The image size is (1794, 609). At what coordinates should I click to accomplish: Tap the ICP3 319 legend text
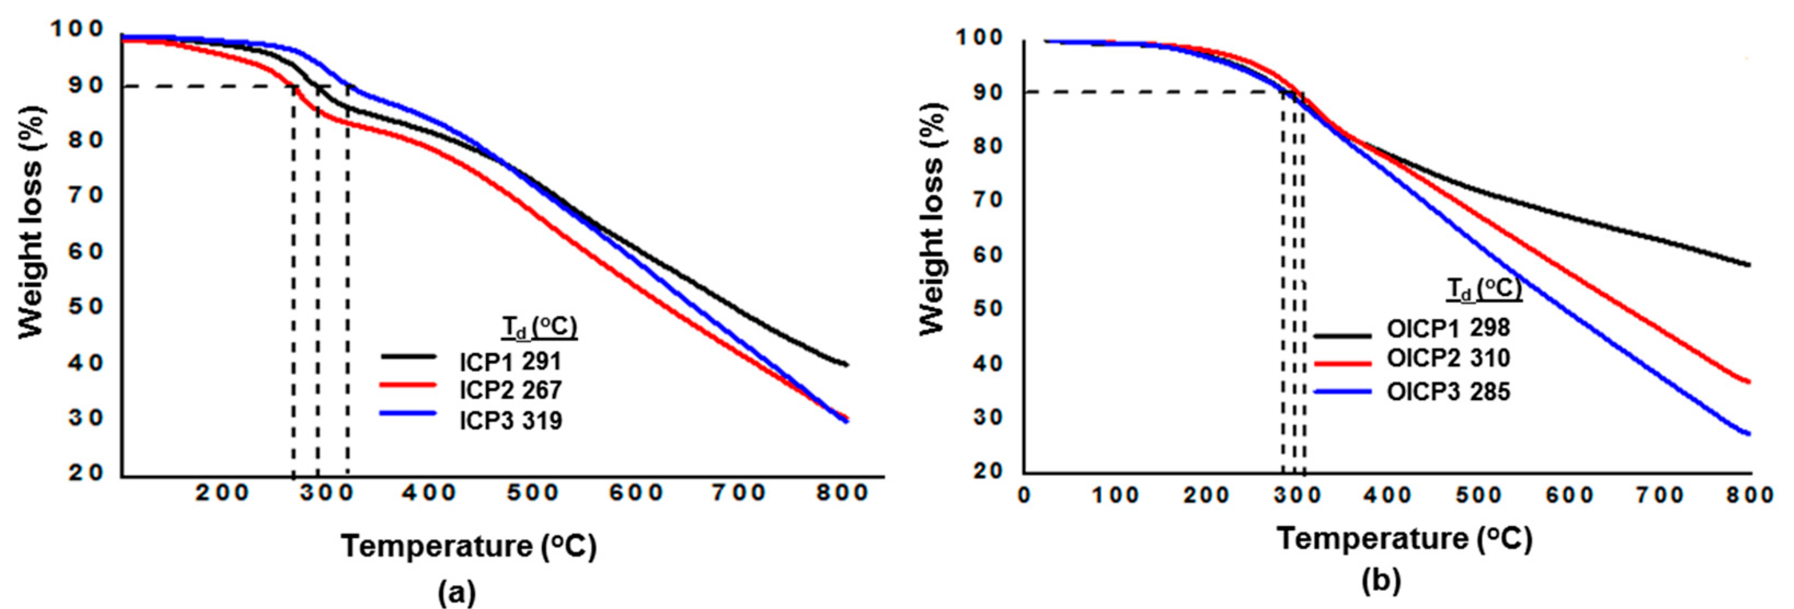click(x=510, y=420)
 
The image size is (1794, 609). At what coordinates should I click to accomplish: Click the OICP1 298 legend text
click(x=1448, y=328)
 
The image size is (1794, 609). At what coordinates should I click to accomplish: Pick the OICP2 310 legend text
click(x=1448, y=358)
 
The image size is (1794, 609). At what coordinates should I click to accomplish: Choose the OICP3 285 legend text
click(x=1448, y=392)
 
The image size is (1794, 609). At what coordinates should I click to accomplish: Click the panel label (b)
click(x=1381, y=581)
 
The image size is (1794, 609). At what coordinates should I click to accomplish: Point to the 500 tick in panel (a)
click(x=533, y=493)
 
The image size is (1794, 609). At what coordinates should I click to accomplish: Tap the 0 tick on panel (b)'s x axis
click(x=1024, y=496)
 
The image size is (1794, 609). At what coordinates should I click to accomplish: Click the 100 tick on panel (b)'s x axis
click(x=1114, y=496)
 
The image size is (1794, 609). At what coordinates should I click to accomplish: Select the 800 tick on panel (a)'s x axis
click(x=843, y=493)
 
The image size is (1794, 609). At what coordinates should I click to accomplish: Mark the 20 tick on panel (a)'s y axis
click(x=85, y=473)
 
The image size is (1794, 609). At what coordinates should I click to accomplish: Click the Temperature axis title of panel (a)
click(x=468, y=545)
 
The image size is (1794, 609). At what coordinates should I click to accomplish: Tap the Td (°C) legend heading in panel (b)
click(x=1484, y=289)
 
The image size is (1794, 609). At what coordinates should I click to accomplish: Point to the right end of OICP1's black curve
click(x=1749, y=265)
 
